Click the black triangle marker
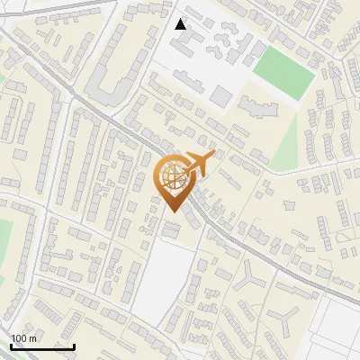(x=181, y=24)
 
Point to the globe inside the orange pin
(x=172, y=176)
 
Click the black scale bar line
(x=42, y=346)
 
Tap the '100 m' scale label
(x=23, y=338)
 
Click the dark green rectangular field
(x=283, y=71)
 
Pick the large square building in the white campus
(x=221, y=95)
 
